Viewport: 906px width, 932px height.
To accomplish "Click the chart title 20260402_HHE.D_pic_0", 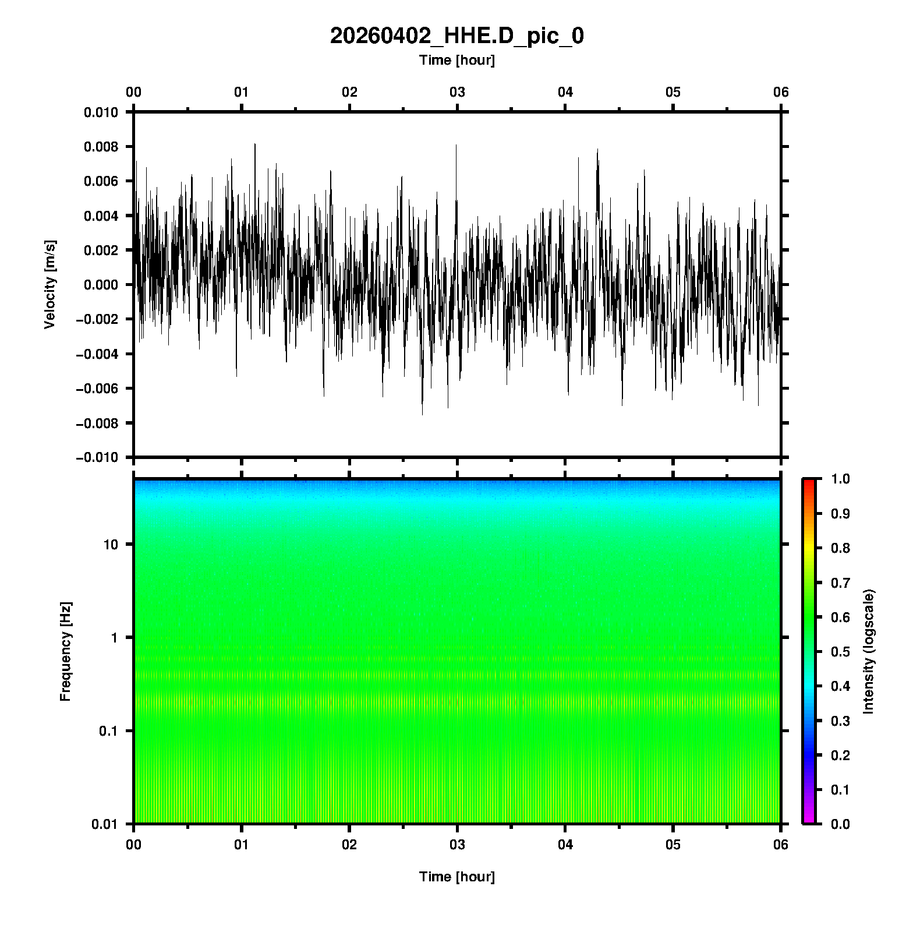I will (x=456, y=36).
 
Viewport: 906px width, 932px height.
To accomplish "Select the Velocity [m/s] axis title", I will (x=51, y=284).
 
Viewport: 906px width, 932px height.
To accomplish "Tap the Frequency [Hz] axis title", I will (x=65, y=651).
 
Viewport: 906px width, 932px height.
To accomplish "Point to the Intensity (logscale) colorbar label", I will (x=869, y=651).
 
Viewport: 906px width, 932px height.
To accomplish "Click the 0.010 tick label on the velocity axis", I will (x=101, y=112).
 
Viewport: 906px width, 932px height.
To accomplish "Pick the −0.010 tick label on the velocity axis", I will (x=97, y=457).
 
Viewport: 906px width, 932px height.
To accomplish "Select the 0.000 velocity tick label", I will (x=101, y=285).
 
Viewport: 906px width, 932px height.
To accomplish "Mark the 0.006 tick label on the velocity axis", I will (x=101, y=181).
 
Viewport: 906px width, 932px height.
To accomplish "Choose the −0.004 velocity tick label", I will (x=97, y=354).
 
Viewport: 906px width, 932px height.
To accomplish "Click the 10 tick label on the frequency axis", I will (x=111, y=545).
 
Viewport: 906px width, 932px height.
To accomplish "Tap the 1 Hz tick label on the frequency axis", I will (x=114, y=638).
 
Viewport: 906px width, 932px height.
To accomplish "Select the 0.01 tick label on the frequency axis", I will (x=105, y=824).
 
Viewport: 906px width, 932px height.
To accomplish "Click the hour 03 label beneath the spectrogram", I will (x=458, y=845).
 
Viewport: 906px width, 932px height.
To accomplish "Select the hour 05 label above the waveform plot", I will (x=673, y=92).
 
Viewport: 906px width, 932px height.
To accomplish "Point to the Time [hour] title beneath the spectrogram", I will (x=456, y=877).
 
